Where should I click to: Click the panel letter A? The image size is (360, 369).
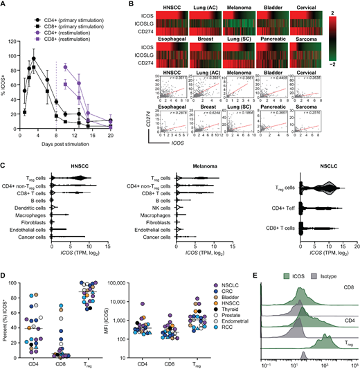pos(5,5)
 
